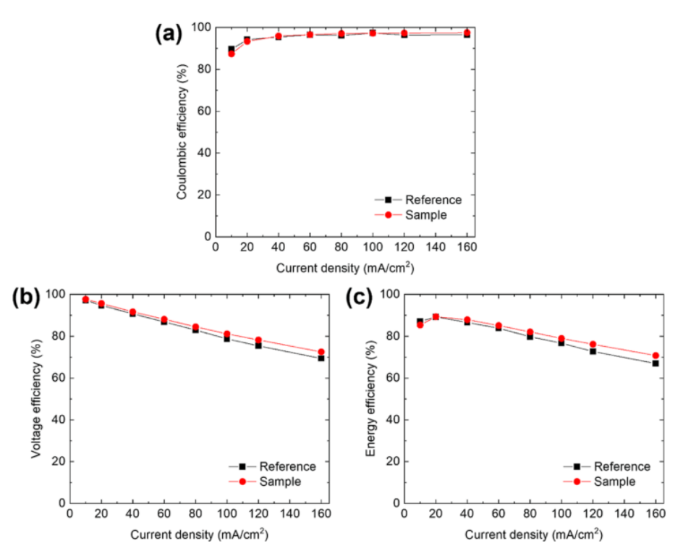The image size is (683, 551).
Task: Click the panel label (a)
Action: pyautogui.click(x=169, y=34)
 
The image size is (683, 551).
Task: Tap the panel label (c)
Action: pyautogui.click(x=360, y=298)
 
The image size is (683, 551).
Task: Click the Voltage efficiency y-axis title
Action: pyautogui.click(x=35, y=398)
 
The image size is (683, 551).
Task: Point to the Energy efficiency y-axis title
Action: pyautogui.click(x=370, y=398)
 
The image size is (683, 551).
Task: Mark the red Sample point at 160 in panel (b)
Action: pyautogui.click(x=321, y=352)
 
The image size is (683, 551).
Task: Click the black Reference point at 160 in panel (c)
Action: pyautogui.click(x=655, y=363)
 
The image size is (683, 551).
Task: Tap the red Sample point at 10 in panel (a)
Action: pyautogui.click(x=232, y=54)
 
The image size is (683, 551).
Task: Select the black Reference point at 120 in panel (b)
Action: pyautogui.click(x=258, y=345)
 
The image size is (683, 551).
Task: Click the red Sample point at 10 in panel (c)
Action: pyautogui.click(x=420, y=324)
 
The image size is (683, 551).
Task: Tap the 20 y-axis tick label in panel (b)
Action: pyautogui.click(x=57, y=461)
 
